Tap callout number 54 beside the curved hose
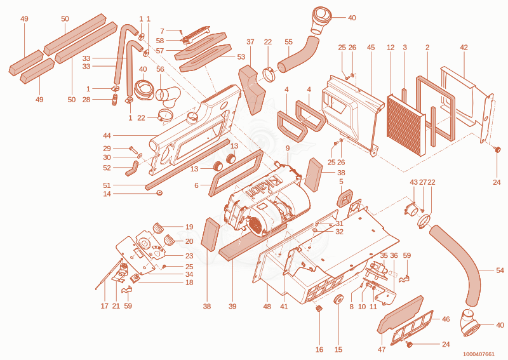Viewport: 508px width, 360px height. [500, 270]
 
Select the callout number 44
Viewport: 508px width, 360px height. [107, 135]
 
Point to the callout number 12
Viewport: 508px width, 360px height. [391, 48]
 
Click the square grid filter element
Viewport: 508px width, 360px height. [406, 125]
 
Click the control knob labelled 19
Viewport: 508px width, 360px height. [158, 227]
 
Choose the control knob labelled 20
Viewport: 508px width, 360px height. [169, 240]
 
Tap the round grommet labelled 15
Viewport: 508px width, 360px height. [338, 299]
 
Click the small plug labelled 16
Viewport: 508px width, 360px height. [319, 309]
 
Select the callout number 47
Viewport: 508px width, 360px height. [382, 349]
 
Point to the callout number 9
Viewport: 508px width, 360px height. [288, 149]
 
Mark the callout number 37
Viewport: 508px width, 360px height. [250, 42]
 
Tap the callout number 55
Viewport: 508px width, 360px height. [288, 42]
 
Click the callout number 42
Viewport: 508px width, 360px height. [464, 48]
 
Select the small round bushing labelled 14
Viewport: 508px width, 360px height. [159, 193]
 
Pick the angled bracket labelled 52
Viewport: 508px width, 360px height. [132, 168]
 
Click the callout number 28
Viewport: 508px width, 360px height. [86, 100]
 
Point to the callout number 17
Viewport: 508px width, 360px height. [104, 306]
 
